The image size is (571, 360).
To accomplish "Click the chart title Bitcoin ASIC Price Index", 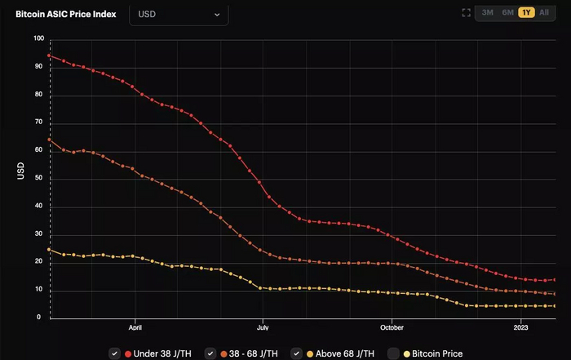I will click(x=66, y=14).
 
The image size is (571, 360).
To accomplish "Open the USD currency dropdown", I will click(x=179, y=14).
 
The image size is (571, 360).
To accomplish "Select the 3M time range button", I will click(x=487, y=13).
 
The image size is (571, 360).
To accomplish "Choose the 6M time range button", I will click(x=507, y=13).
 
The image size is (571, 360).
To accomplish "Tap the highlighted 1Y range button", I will click(x=526, y=13).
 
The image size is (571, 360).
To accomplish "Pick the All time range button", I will click(x=544, y=13).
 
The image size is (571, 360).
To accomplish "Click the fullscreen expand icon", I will click(x=466, y=13).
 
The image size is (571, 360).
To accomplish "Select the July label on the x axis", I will click(x=263, y=327).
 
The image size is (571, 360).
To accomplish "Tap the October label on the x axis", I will click(x=392, y=327).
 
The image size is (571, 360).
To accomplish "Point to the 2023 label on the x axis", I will click(x=521, y=327).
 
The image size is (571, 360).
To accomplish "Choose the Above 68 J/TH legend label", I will click(x=343, y=353).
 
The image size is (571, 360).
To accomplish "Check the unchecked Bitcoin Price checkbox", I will click(x=393, y=353).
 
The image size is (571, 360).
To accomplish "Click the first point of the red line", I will click(x=50, y=56).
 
